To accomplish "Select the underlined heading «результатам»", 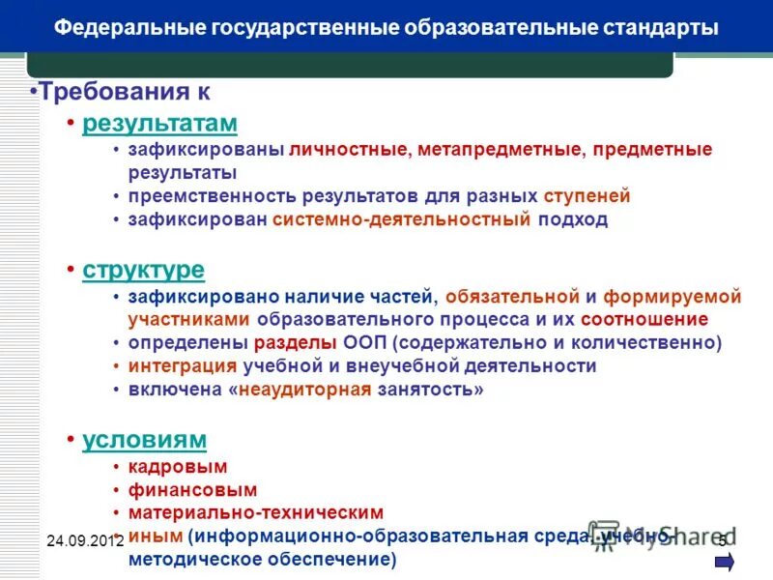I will [159, 124].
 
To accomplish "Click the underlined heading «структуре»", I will [144, 270].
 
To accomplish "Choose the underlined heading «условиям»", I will [145, 440].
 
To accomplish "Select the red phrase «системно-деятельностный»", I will [402, 219].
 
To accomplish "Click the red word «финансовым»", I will [182, 490].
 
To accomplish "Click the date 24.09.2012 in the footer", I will [85, 540].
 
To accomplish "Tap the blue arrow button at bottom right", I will [725, 562].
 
